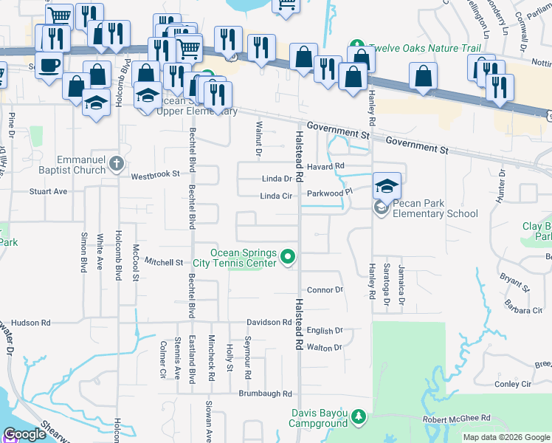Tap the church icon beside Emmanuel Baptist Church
116,164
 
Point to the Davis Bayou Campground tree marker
359,416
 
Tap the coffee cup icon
49,65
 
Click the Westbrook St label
156,175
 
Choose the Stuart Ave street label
48,191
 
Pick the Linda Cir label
277,196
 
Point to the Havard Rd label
326,167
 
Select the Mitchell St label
163,262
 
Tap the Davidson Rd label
269,323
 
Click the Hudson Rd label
30,323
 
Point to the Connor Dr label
325,290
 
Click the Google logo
25,434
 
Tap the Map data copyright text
506,437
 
